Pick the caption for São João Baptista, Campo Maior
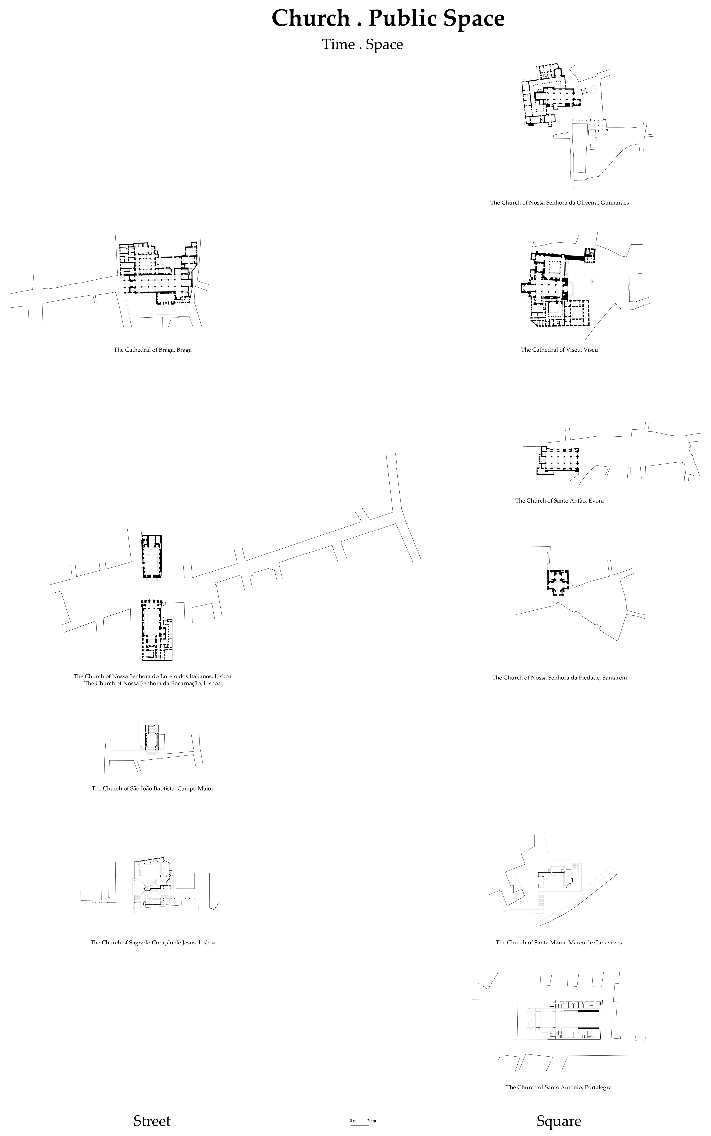coord(152,788)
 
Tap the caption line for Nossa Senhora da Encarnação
coord(152,684)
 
